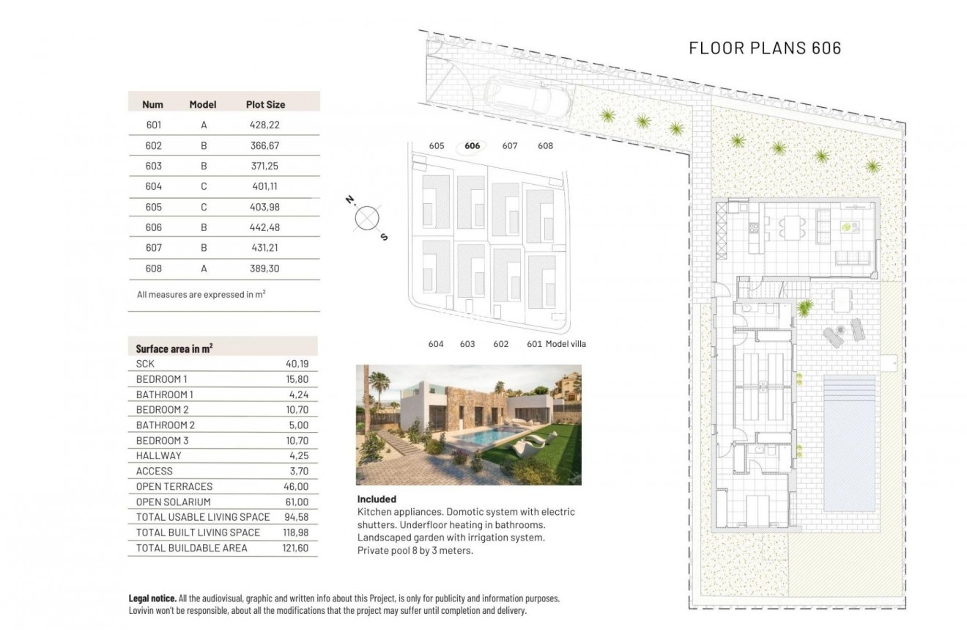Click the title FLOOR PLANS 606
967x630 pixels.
click(x=765, y=48)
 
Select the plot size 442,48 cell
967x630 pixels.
click(x=265, y=227)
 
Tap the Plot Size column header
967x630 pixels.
click(x=265, y=105)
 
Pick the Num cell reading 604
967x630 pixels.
click(x=153, y=186)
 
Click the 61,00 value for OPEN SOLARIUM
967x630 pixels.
click(x=297, y=502)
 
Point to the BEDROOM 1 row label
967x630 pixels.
click(x=162, y=379)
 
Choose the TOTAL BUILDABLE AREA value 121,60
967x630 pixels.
click(x=294, y=548)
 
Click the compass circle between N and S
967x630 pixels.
click(x=366, y=218)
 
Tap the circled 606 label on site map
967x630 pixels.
click(x=473, y=146)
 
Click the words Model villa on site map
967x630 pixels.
click(x=566, y=344)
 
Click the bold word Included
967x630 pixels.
click(x=377, y=499)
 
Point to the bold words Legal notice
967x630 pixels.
click(x=152, y=599)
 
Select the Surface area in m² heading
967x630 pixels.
click(x=174, y=348)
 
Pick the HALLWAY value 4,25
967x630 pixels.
click(x=298, y=455)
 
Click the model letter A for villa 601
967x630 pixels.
click(x=204, y=125)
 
